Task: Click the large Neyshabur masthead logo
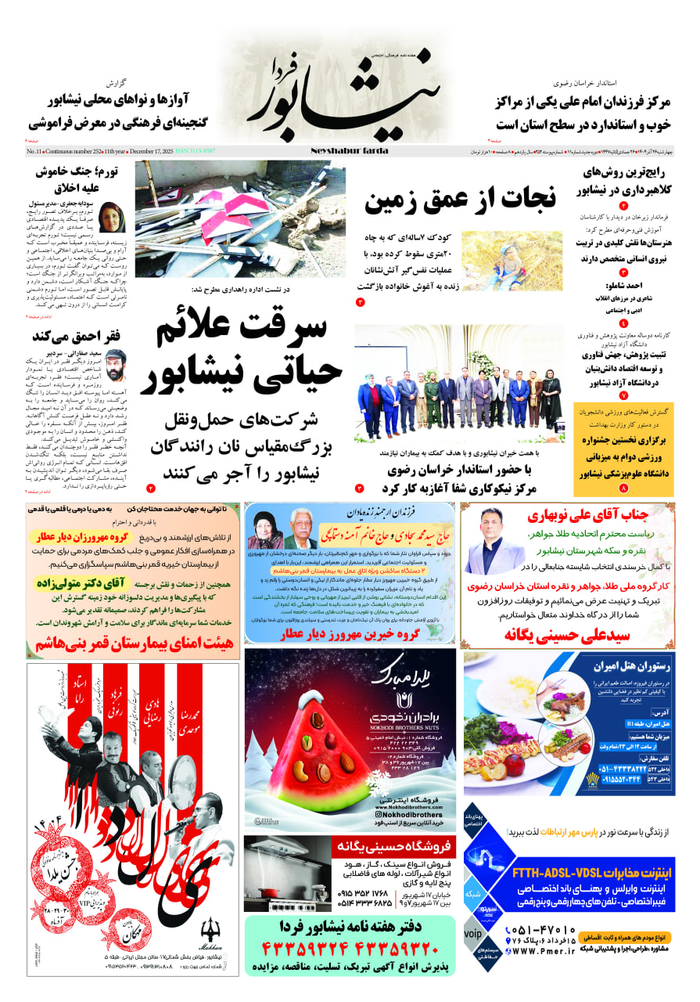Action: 344,90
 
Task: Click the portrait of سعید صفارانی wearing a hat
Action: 116,366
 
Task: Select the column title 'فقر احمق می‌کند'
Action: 75,337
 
